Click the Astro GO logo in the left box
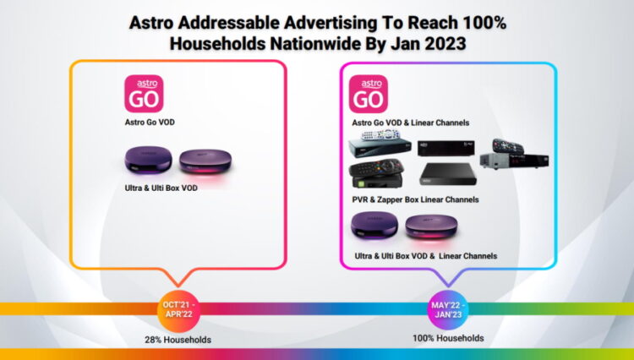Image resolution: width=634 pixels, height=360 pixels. [x=143, y=94]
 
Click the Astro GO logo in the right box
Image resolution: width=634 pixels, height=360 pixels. [x=369, y=94]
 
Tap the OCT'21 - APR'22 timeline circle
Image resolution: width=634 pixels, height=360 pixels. [x=180, y=308]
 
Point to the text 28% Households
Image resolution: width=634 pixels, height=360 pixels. [x=178, y=339]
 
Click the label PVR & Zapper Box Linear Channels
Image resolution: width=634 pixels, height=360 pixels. [x=415, y=199]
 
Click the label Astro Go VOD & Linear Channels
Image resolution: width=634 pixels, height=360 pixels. [x=410, y=123]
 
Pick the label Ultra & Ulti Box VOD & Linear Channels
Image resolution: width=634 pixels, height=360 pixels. [x=424, y=255]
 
